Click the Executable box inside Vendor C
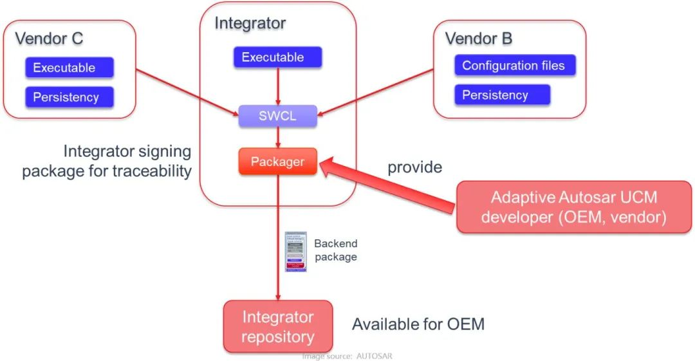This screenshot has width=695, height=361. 69,68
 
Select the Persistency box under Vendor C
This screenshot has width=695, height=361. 69,97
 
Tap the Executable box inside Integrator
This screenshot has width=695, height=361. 277,57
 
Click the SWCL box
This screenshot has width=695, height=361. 277,116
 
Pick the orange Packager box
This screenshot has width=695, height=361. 277,162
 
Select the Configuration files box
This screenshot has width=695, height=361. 514,66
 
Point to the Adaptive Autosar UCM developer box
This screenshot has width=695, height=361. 574,207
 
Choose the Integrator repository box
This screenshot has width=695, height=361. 278,326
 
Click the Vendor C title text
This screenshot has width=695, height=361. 49,38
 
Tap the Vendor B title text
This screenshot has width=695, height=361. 479,39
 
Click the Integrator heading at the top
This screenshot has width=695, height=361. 250,24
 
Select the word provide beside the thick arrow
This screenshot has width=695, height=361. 414,167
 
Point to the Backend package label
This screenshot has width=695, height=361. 335,250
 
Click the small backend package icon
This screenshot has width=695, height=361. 296,252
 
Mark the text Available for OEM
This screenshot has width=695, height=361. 418,324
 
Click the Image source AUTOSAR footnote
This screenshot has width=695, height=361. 347,356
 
